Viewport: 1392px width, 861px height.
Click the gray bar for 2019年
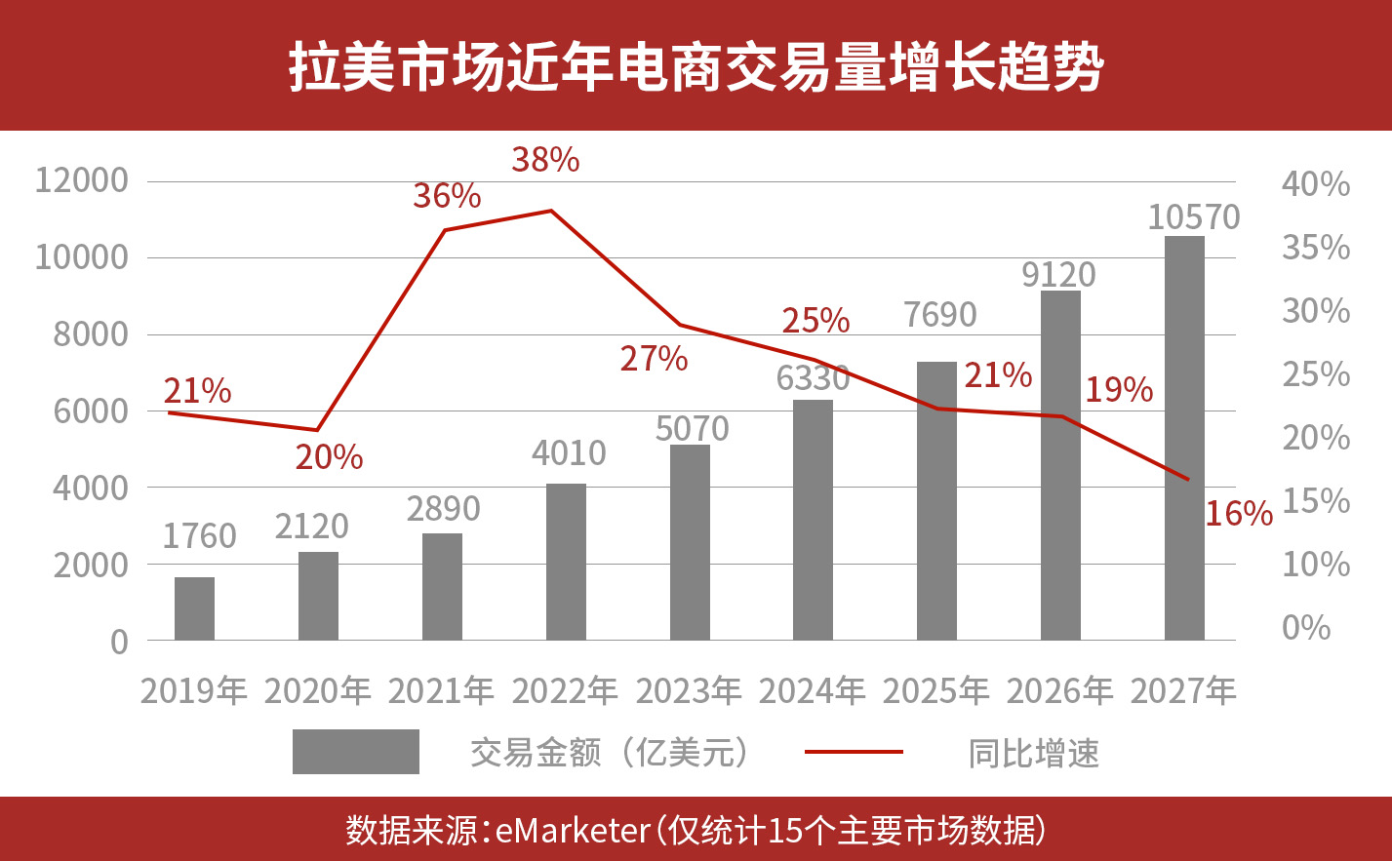[194, 608]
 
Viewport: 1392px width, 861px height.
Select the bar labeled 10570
[1184, 439]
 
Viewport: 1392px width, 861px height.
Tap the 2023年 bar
[690, 542]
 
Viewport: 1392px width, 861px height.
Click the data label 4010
[569, 453]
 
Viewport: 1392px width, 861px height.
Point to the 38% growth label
[545, 159]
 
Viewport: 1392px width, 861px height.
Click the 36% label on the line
[447, 196]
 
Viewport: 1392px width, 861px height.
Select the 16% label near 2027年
[1239, 513]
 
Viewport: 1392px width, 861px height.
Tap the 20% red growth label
[329, 456]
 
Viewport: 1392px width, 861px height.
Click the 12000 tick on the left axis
[81, 180]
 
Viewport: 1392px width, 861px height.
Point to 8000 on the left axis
[90, 334]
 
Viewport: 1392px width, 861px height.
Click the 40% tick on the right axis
[1316, 183]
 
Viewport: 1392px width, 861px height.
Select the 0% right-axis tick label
[1306, 627]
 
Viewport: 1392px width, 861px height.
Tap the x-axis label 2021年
[441, 690]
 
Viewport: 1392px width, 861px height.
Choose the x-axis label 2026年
[1059, 690]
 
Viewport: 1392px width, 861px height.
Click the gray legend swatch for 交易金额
[355, 752]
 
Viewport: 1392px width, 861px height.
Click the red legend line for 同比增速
[854, 752]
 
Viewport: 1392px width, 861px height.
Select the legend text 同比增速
[1033, 753]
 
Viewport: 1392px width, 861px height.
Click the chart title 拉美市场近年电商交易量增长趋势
[696, 66]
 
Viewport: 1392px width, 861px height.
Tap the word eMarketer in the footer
[573, 831]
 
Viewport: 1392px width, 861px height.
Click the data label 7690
[939, 315]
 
